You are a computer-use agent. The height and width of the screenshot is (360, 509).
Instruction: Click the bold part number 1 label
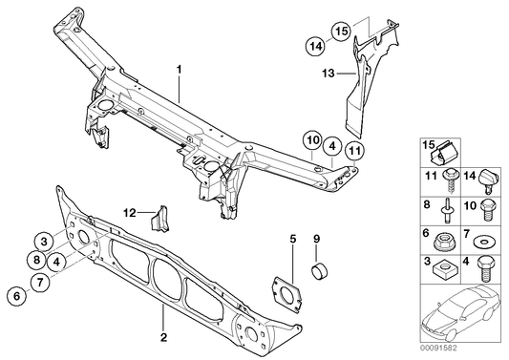(x=178, y=70)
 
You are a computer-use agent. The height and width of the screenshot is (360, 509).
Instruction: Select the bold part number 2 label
(x=163, y=337)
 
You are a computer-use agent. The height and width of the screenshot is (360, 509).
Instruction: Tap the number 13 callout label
(x=326, y=71)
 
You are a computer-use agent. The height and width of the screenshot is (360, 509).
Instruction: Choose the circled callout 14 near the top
(x=314, y=44)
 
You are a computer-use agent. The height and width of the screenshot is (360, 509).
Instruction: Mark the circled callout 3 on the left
(x=45, y=241)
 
